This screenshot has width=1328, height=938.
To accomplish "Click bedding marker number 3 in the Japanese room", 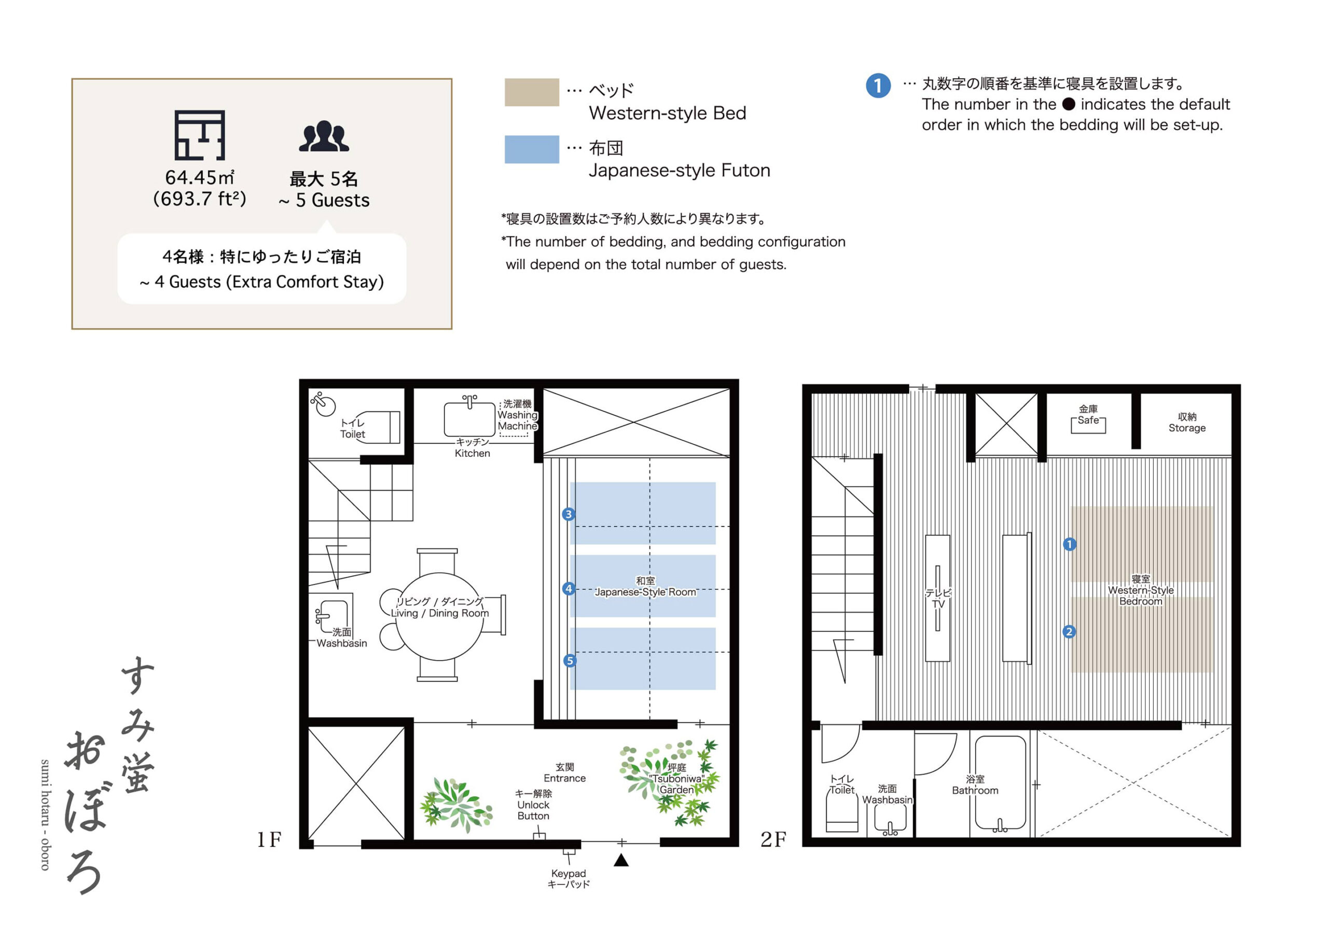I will coord(569,514).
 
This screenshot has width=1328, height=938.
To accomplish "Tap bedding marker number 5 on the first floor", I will coord(570,661).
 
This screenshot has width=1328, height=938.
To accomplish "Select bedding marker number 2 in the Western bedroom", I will coord(1069,632).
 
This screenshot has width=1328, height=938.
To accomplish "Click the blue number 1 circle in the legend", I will coord(878,86).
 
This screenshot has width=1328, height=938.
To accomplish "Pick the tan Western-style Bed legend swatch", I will coord(532,92).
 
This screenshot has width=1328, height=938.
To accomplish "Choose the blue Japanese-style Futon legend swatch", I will coord(532,149).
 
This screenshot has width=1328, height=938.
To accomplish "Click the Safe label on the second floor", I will coord(1088,421).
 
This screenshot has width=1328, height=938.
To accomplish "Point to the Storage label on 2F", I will coord(1187,428).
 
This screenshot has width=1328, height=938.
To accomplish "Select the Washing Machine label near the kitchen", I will coord(517,421).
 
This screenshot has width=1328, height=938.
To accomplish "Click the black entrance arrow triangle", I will coord(620,861).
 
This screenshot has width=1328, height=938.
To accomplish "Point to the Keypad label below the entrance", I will coord(568,873).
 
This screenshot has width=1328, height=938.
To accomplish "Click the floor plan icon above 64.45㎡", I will coord(200,135).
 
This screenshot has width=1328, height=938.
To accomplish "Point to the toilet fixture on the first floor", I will coord(376,427).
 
